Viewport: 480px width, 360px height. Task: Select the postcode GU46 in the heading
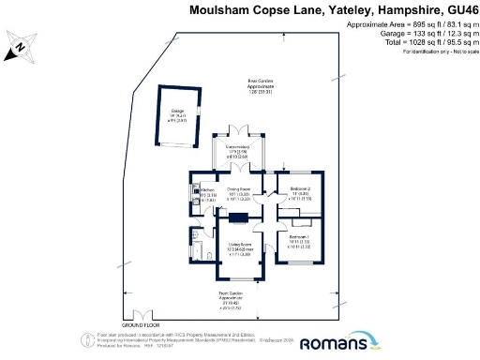(x=457, y=9)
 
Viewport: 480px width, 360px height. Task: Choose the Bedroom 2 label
(x=300, y=193)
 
